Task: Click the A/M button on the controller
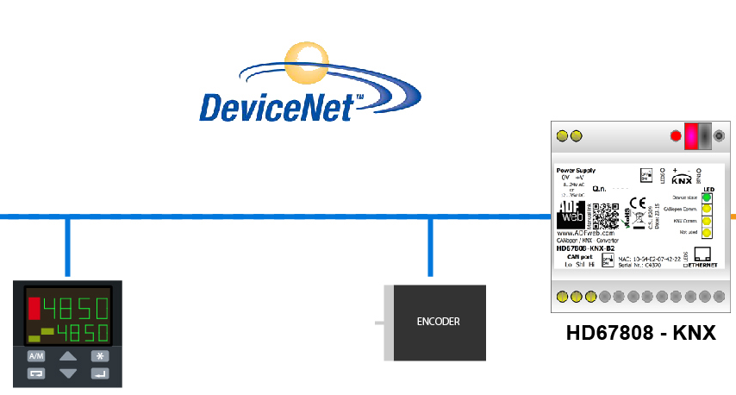tap(35, 355)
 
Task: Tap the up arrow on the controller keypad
tap(68, 355)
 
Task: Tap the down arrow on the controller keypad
tap(68, 373)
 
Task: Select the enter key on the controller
tap(101, 373)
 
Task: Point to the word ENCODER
tap(438, 322)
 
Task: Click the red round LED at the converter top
tap(676, 135)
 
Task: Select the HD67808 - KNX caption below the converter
tap(640, 332)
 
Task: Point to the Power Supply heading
tap(576, 170)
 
